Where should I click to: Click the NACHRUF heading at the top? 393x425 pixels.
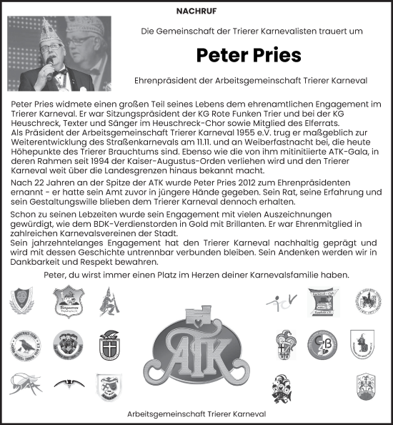click(x=196, y=11)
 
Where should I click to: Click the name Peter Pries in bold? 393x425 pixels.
click(x=249, y=56)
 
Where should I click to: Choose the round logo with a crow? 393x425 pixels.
click(x=22, y=346)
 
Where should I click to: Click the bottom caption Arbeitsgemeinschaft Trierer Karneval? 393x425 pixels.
click(x=196, y=414)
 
